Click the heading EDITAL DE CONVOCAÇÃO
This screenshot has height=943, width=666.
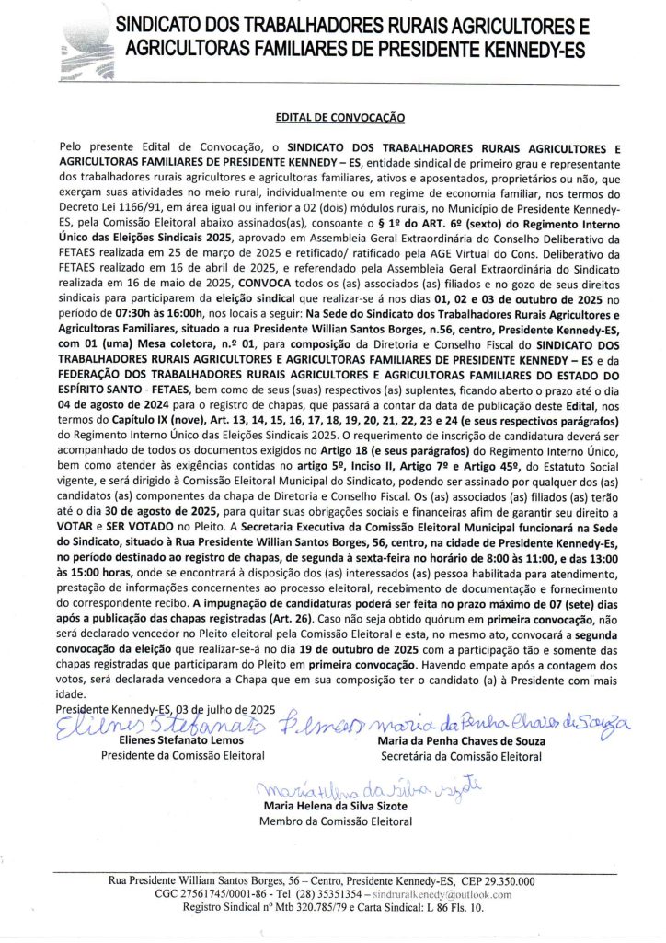coord(333,118)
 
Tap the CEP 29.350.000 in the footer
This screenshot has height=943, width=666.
coord(494,879)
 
